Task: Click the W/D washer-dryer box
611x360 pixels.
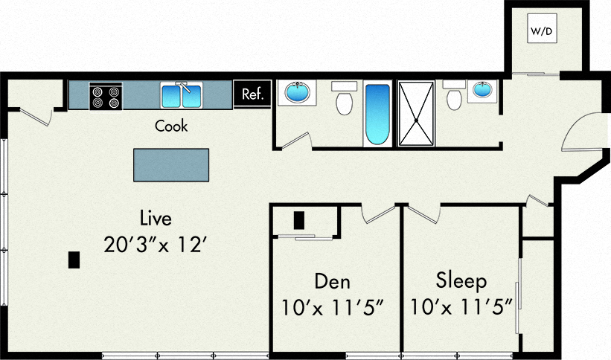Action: click(x=540, y=32)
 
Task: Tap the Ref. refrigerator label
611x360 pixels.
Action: click(x=252, y=94)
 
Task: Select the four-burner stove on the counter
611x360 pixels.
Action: click(x=106, y=96)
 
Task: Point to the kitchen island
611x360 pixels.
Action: click(x=171, y=164)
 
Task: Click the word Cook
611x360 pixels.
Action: click(x=171, y=126)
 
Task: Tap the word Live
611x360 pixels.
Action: click(x=156, y=219)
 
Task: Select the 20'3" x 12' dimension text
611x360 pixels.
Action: click(x=155, y=244)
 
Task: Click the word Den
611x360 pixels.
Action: click(x=332, y=281)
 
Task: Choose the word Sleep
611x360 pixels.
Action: click(x=461, y=281)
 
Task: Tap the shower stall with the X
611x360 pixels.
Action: click(x=417, y=113)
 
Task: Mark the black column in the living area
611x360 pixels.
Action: click(x=74, y=260)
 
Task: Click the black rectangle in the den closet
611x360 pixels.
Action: click(x=299, y=220)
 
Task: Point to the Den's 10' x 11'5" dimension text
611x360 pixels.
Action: click(x=332, y=306)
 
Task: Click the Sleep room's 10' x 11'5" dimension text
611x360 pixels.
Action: click(x=461, y=306)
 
